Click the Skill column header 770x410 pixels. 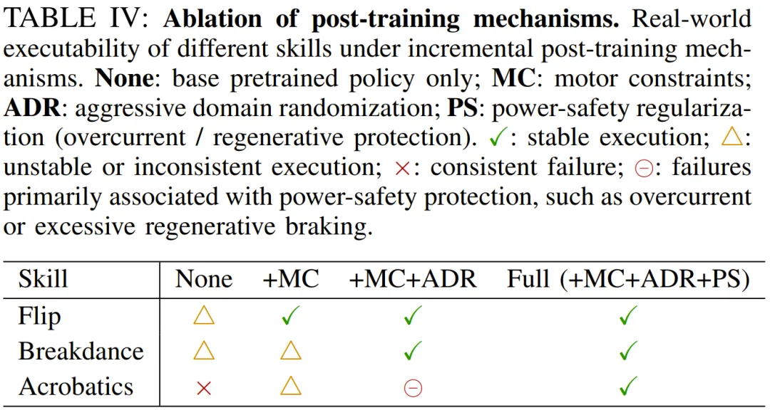click(43, 278)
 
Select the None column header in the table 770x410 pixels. click(204, 278)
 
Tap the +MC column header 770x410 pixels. click(291, 278)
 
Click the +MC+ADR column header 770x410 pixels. click(413, 278)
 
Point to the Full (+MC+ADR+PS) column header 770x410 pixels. click(628, 278)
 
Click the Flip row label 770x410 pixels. click(38, 315)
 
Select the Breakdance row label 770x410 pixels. click(81, 351)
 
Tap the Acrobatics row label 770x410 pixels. click(76, 387)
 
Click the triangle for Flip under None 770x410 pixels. click(204, 315)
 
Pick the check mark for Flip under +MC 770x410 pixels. click(290, 315)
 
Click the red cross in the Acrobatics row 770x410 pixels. click(204, 387)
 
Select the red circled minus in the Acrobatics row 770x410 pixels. click(413, 387)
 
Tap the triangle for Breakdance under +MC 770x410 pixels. click(290, 351)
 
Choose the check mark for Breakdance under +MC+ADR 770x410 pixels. click(413, 351)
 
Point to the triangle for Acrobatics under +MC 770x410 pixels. click(290, 387)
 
